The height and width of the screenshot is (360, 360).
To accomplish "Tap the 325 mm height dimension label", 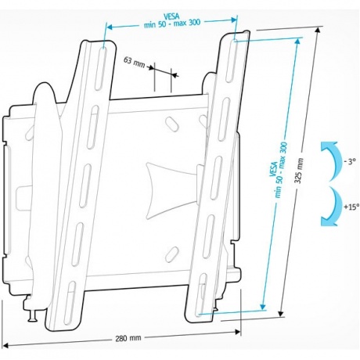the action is (x=300, y=171).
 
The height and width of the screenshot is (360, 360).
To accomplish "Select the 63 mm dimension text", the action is (x=134, y=63).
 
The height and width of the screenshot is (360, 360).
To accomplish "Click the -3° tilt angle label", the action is (x=350, y=162).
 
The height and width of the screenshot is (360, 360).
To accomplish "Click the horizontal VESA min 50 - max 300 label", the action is (x=172, y=20).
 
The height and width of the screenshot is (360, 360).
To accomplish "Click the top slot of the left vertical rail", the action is (x=101, y=68).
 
